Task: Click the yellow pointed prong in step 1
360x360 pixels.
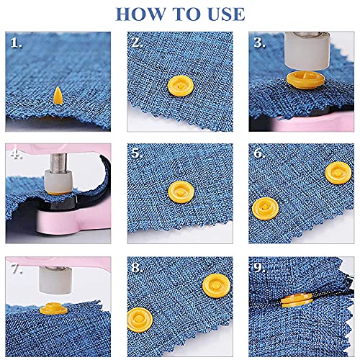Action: [58, 93]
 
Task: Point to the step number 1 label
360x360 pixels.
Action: [16, 43]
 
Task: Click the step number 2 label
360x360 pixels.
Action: [137, 43]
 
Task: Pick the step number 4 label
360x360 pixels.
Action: [16, 153]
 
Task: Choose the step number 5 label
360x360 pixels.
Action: [137, 153]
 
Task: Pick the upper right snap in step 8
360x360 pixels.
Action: [208, 284]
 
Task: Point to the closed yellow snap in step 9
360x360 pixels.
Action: [289, 302]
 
